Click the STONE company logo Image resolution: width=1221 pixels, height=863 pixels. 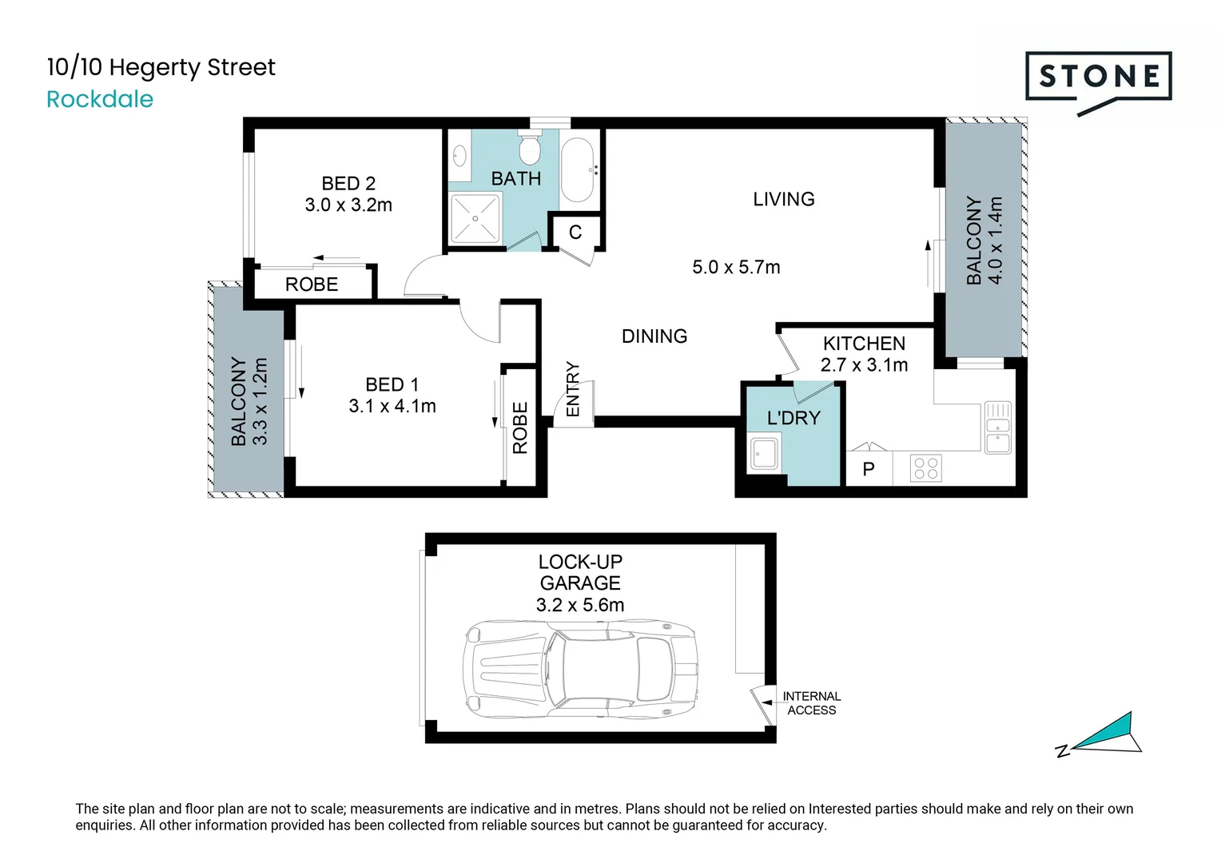tap(1098, 78)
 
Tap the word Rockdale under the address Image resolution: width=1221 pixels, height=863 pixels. tap(100, 99)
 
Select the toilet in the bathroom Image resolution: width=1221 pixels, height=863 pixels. tap(530, 149)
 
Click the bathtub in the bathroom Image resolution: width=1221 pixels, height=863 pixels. tap(577, 170)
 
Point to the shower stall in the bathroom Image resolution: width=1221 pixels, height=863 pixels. tap(475, 217)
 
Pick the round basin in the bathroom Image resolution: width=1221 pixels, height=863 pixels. tap(459, 154)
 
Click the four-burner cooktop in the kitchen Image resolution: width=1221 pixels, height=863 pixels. tap(925, 468)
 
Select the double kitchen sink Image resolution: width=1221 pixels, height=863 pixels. tap(997, 427)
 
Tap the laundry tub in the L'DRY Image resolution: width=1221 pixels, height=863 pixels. tap(764, 454)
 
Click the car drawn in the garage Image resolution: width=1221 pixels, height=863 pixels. tap(580, 669)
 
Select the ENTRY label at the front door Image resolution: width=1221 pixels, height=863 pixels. tap(573, 389)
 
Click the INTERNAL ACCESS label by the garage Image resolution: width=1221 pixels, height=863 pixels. tap(811, 703)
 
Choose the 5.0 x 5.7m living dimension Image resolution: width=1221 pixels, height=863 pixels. tap(736, 268)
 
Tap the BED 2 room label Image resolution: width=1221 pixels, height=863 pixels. tap(348, 184)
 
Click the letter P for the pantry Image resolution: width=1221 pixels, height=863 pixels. tap(869, 469)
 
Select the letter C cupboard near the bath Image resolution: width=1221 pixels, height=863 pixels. tap(575, 233)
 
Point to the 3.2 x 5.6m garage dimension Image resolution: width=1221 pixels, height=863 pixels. tap(580, 605)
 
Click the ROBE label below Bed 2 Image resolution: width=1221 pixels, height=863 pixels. tap(312, 284)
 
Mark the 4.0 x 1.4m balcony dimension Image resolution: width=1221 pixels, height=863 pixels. tap(995, 241)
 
